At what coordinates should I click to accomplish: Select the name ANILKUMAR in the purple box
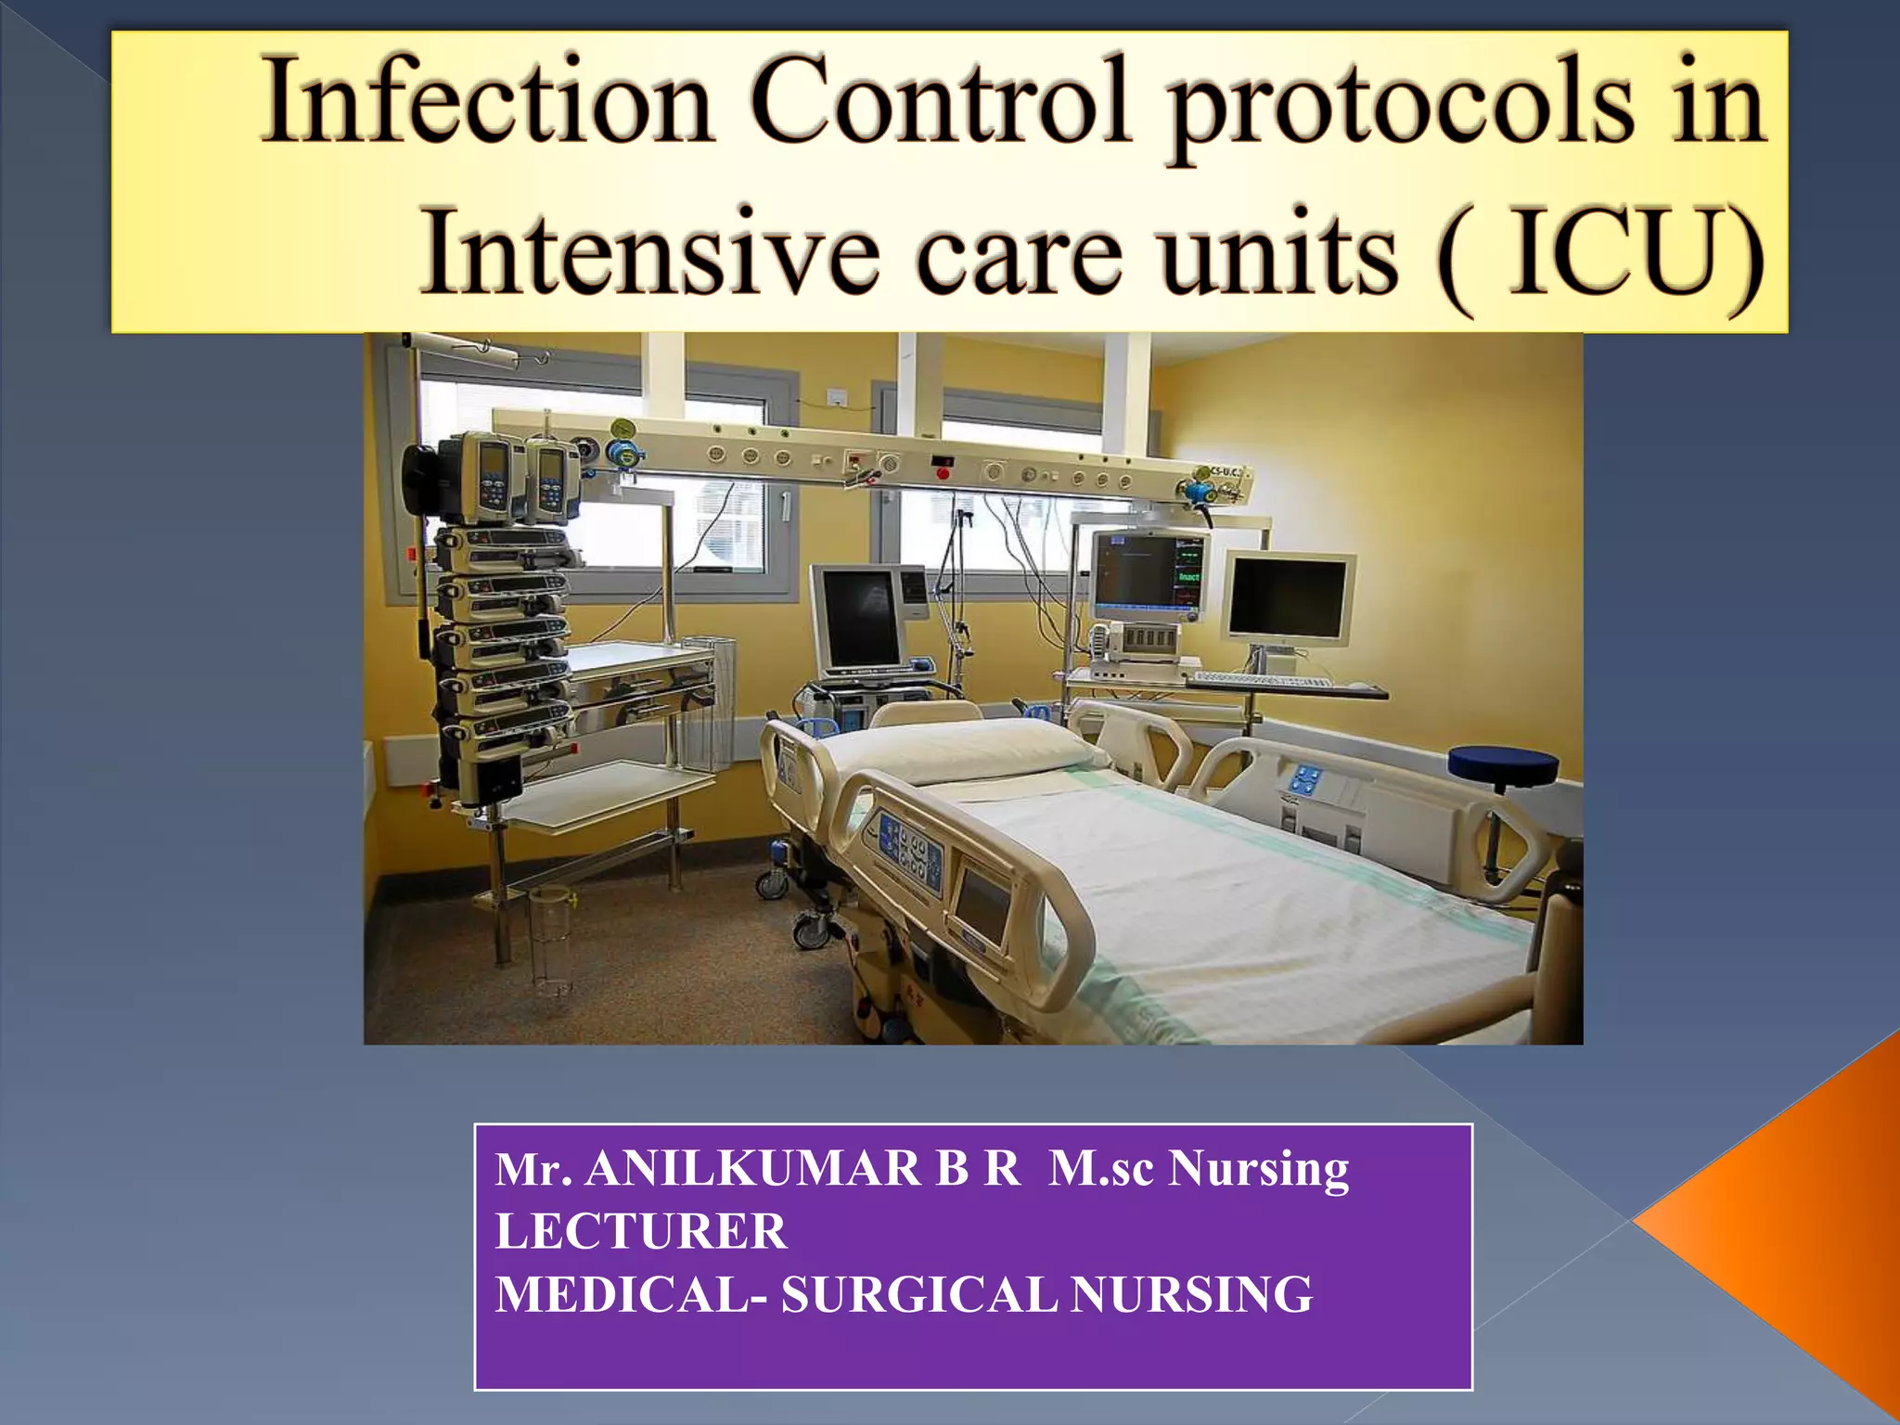point(752,1168)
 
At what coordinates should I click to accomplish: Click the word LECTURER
point(641,1232)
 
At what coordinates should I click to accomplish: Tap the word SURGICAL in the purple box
point(918,1295)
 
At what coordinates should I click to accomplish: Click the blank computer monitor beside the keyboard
point(1288,597)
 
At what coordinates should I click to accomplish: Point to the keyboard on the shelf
point(1262,681)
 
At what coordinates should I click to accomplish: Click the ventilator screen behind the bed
point(858,616)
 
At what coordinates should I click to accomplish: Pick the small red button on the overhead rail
point(944,474)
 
